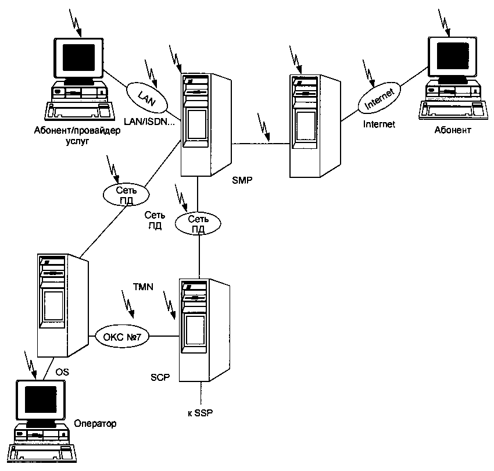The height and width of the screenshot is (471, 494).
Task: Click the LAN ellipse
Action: [x=147, y=95]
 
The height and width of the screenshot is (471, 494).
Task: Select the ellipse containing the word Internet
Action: [x=380, y=98]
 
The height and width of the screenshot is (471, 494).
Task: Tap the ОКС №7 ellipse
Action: [x=123, y=336]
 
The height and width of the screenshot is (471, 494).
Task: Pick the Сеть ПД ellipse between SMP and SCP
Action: [x=198, y=222]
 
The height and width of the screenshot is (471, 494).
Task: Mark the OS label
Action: [x=62, y=372]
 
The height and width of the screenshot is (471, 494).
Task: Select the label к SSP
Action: [x=201, y=413]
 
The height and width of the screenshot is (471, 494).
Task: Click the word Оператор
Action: [x=95, y=423]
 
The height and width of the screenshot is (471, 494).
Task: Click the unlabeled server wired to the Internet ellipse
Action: [x=314, y=126]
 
